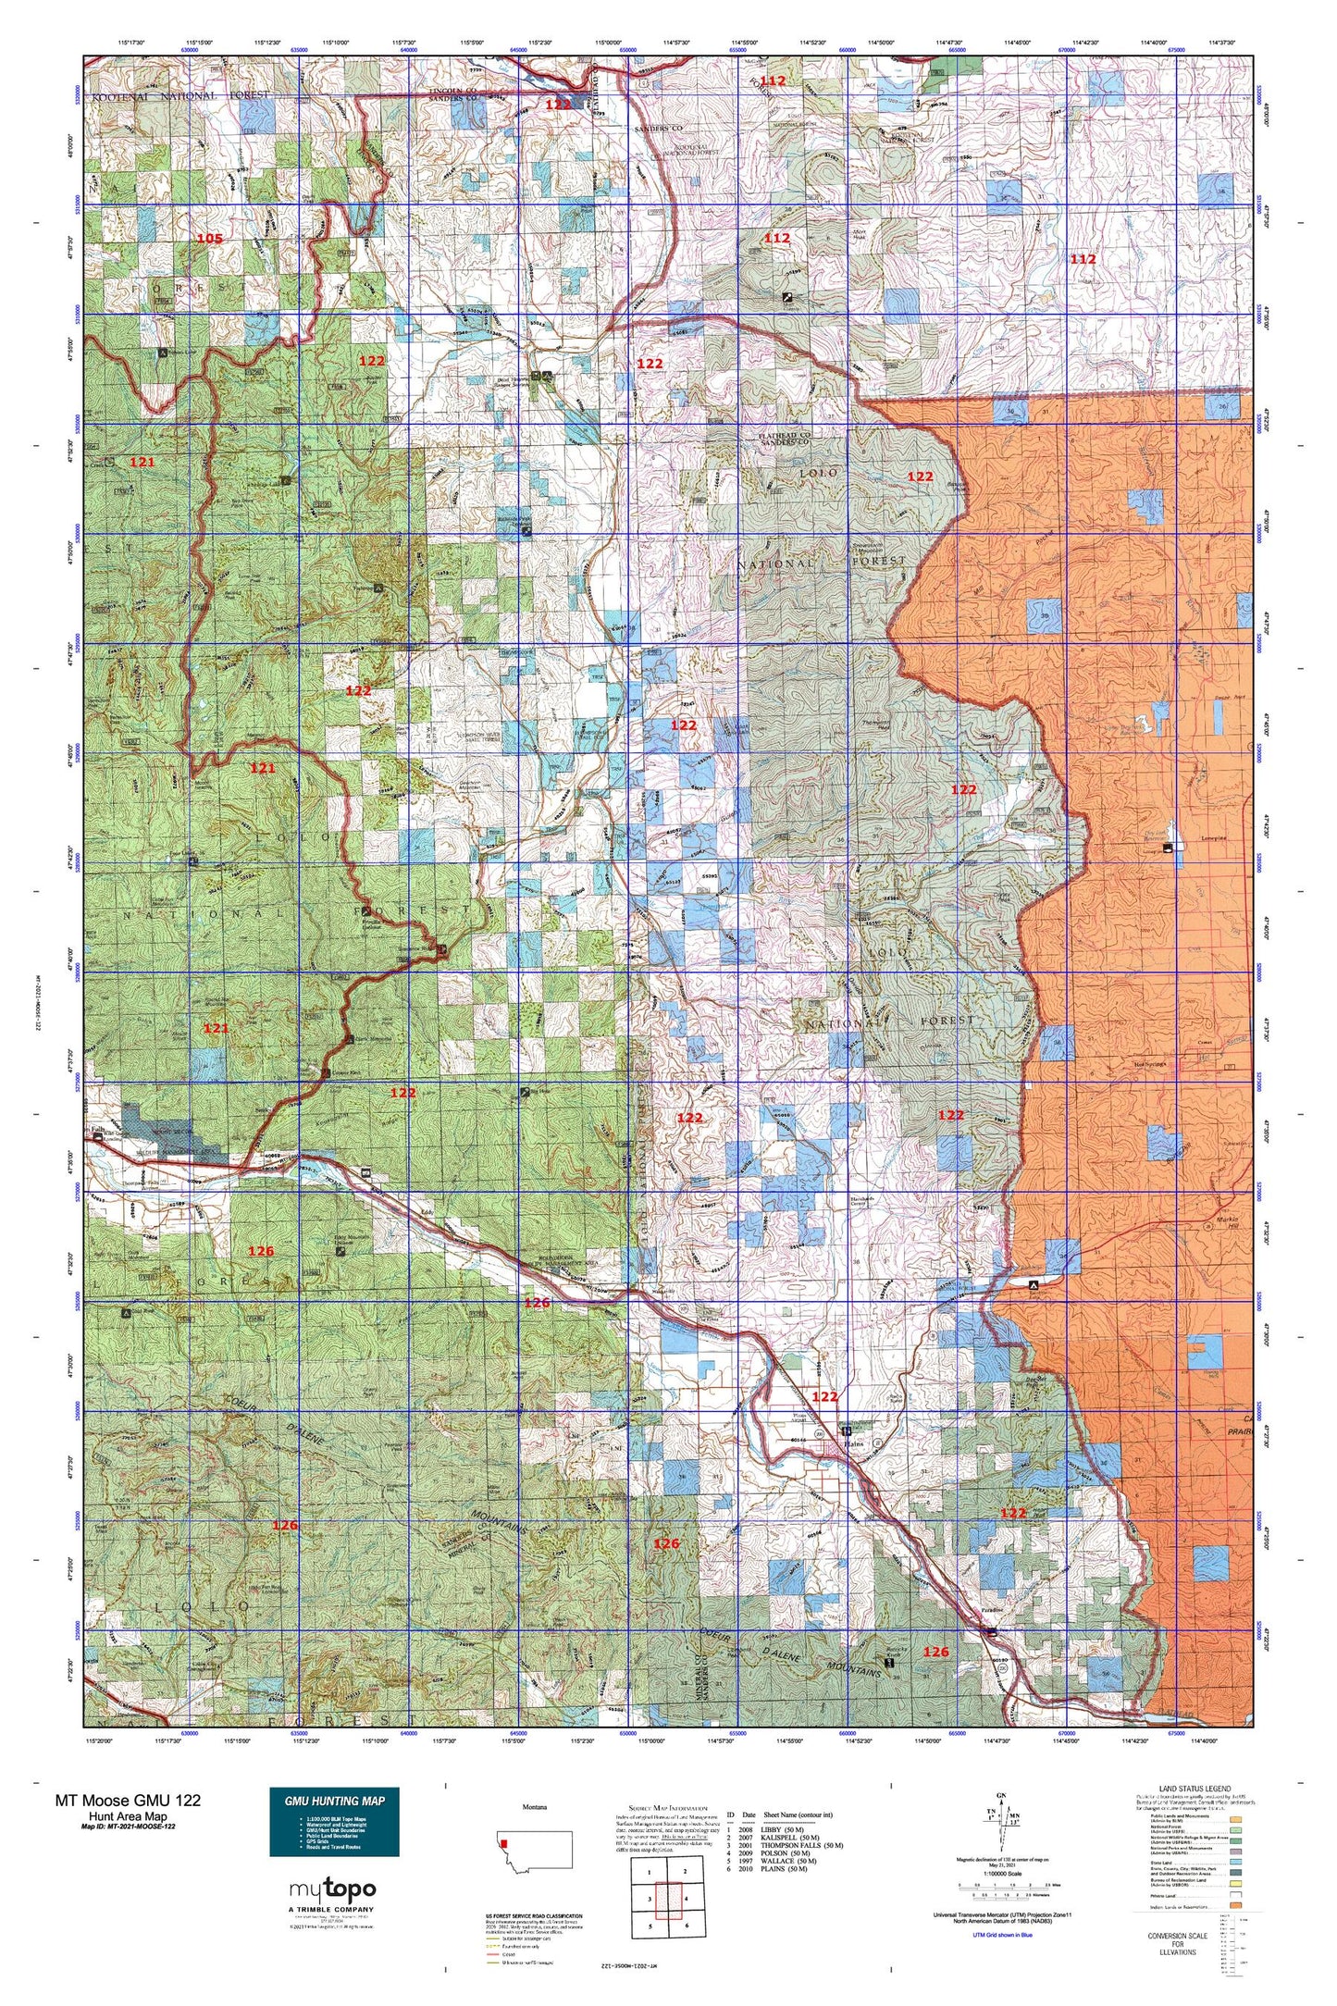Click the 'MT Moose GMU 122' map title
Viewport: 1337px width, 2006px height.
(128, 1800)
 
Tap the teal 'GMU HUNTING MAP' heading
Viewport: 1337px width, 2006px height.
(334, 1801)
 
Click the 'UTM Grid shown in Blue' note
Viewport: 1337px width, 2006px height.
(1003, 1935)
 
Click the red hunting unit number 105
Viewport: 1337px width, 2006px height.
(210, 239)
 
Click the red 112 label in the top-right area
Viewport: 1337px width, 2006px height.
(1083, 259)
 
